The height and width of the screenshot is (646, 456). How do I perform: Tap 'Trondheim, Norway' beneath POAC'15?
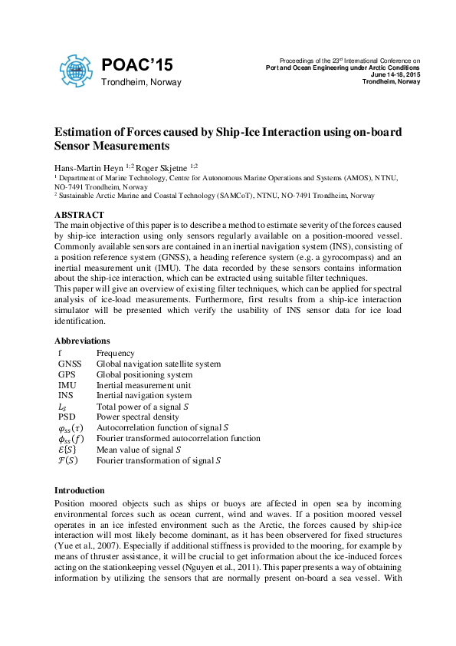[141, 82]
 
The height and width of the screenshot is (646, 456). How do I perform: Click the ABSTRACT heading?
[79, 214]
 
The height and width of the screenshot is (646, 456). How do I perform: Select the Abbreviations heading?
[82, 341]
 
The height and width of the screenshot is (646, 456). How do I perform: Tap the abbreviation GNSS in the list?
[69, 364]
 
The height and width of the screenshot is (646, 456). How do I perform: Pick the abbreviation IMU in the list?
[67, 385]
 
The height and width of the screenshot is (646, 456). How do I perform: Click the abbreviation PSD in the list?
[67, 417]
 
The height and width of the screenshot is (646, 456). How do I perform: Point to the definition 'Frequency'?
[115, 353]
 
